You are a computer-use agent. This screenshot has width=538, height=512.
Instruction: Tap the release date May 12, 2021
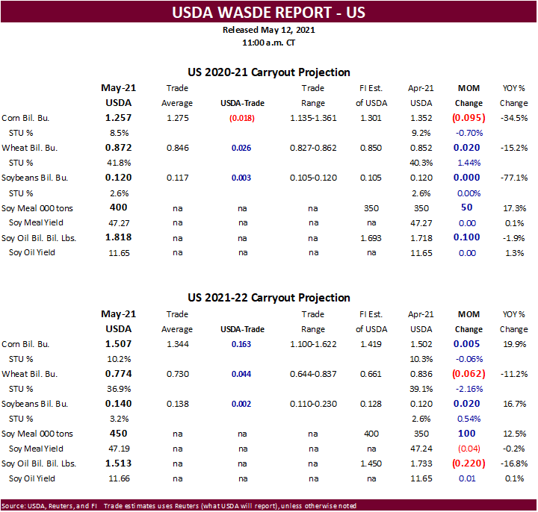click(268, 30)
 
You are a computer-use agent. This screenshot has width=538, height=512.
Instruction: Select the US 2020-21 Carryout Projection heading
click(269, 72)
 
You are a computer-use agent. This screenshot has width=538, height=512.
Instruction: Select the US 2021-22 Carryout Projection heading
click(269, 298)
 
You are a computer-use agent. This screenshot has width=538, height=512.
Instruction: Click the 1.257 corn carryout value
click(120, 118)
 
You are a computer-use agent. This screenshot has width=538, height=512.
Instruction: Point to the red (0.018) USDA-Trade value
click(241, 118)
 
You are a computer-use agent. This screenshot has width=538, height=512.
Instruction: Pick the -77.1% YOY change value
click(513, 178)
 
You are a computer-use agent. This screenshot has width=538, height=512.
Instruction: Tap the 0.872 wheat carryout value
click(120, 148)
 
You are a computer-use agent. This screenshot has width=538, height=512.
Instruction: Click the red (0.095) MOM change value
click(469, 118)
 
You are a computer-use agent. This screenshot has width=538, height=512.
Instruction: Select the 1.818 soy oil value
click(120, 237)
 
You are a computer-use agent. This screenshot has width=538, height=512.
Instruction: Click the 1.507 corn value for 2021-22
click(120, 344)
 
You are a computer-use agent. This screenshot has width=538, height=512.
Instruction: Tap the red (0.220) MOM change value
click(469, 463)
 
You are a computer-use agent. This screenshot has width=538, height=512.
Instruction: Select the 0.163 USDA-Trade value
click(241, 344)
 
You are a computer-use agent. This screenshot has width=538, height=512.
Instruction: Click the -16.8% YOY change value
click(513, 463)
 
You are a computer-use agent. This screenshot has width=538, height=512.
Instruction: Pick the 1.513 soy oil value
click(120, 463)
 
